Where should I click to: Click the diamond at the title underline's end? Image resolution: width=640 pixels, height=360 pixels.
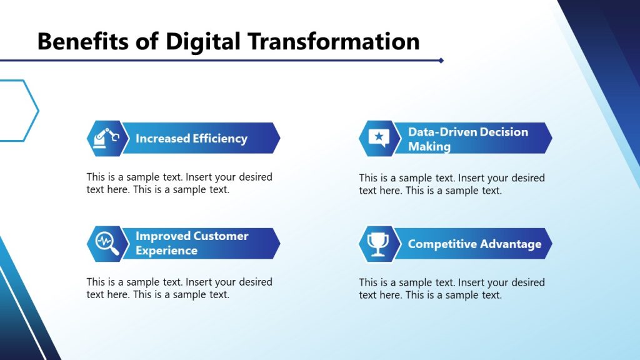tap(441, 61)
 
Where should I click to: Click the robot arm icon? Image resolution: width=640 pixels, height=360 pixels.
tap(104, 138)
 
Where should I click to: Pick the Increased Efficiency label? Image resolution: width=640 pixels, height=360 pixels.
tap(191, 139)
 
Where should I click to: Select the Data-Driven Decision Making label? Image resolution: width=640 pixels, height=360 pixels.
tap(467, 139)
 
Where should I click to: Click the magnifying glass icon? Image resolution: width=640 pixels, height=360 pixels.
tap(106, 243)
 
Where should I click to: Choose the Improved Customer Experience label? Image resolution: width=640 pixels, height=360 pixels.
tap(191, 243)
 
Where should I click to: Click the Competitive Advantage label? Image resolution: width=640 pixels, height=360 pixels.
tap(474, 244)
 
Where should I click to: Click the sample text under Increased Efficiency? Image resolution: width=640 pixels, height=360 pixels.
tap(179, 183)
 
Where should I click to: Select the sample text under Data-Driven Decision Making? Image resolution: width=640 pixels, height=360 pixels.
tap(451, 184)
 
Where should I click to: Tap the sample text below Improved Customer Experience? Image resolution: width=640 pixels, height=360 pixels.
tap(179, 288)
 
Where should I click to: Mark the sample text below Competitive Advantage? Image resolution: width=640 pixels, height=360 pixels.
tap(451, 289)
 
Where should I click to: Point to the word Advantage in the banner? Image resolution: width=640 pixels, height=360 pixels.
tap(510, 244)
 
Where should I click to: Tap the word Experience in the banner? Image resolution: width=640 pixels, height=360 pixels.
tap(166, 251)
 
